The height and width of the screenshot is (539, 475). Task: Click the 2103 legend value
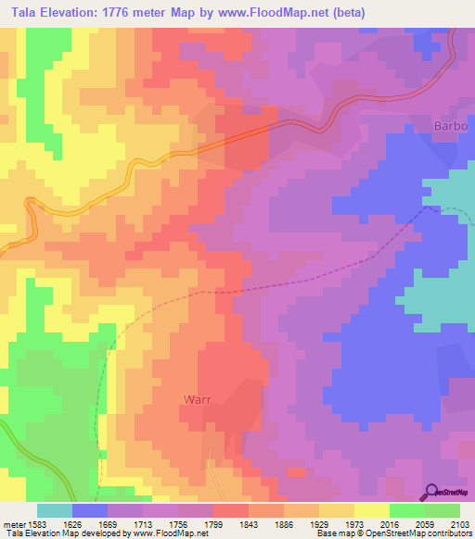[460, 523]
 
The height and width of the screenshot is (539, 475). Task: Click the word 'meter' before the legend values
[14, 523]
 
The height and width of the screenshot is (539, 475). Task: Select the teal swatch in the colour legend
[54, 510]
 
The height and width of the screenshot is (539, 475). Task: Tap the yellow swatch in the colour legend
[371, 510]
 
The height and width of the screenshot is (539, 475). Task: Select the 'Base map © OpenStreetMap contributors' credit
[394, 533]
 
